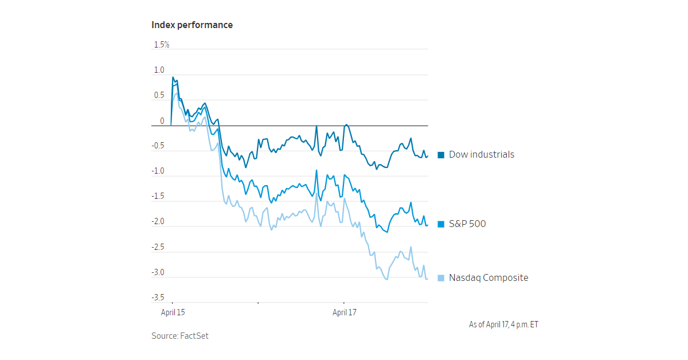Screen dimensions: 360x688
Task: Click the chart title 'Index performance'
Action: click(x=192, y=25)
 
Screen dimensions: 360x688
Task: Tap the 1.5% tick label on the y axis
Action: click(x=161, y=45)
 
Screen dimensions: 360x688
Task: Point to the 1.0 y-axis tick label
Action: click(x=159, y=71)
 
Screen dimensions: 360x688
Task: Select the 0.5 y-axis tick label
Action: click(x=159, y=96)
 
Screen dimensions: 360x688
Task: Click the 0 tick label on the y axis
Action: click(x=162, y=121)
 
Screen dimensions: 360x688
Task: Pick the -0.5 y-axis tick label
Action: click(x=158, y=146)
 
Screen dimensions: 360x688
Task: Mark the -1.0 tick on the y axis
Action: click(x=158, y=171)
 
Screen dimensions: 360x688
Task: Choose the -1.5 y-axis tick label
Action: click(x=158, y=197)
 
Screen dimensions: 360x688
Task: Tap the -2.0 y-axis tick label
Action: click(x=158, y=222)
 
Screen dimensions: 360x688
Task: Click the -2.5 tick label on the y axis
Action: click(x=158, y=247)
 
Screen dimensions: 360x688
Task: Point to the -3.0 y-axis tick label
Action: click(x=158, y=272)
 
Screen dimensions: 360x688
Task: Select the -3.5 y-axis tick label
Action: click(x=158, y=298)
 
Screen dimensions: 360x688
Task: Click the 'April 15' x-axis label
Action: click(x=173, y=312)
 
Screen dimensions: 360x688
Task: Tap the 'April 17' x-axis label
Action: click(x=345, y=312)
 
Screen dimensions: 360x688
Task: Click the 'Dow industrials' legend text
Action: click(x=481, y=154)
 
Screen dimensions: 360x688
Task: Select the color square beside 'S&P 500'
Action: click(x=441, y=224)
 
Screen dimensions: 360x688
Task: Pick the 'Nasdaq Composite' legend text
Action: click(x=488, y=278)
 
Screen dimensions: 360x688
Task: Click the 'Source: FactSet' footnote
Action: click(x=180, y=336)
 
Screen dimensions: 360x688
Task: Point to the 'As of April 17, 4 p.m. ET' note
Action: click(x=503, y=324)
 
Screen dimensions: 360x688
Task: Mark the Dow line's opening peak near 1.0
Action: click(x=173, y=77)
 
